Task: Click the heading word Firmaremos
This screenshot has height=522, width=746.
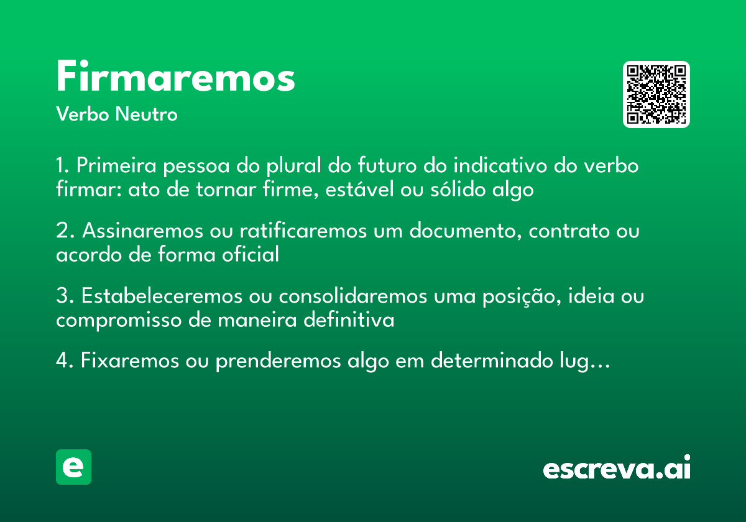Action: (175, 78)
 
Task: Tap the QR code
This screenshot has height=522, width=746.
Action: (656, 94)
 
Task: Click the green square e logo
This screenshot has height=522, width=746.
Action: (73, 467)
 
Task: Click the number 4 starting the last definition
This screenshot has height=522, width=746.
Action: (62, 362)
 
